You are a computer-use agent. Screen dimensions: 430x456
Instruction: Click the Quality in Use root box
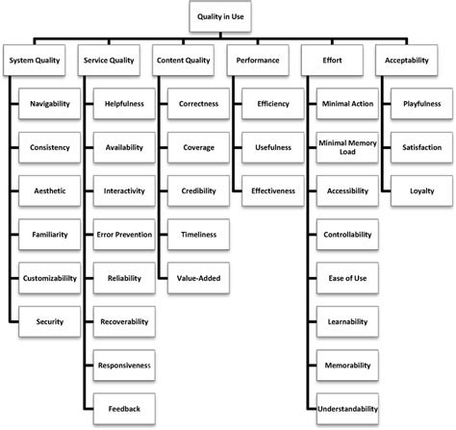[x=227, y=16]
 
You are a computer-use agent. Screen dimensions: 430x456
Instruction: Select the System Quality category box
[x=38, y=59]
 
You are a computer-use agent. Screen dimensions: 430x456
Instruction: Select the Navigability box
[x=48, y=102]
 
